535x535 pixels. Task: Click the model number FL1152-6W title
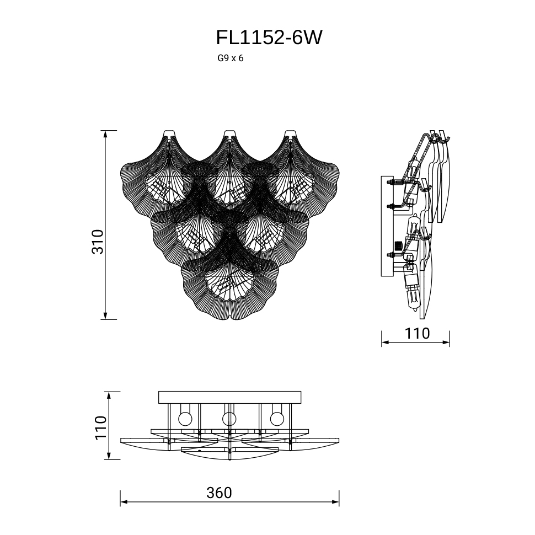[269, 38]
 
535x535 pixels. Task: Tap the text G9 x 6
[231, 58]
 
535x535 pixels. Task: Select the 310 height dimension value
[98, 242]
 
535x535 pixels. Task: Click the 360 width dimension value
[219, 493]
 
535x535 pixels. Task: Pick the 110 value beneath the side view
[417, 333]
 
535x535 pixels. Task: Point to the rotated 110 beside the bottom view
[100, 428]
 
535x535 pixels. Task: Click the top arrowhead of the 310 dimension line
[105, 133]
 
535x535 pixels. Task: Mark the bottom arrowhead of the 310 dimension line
[105, 316]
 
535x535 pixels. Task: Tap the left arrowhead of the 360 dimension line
[124, 502]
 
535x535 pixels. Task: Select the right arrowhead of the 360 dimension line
[335, 502]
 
